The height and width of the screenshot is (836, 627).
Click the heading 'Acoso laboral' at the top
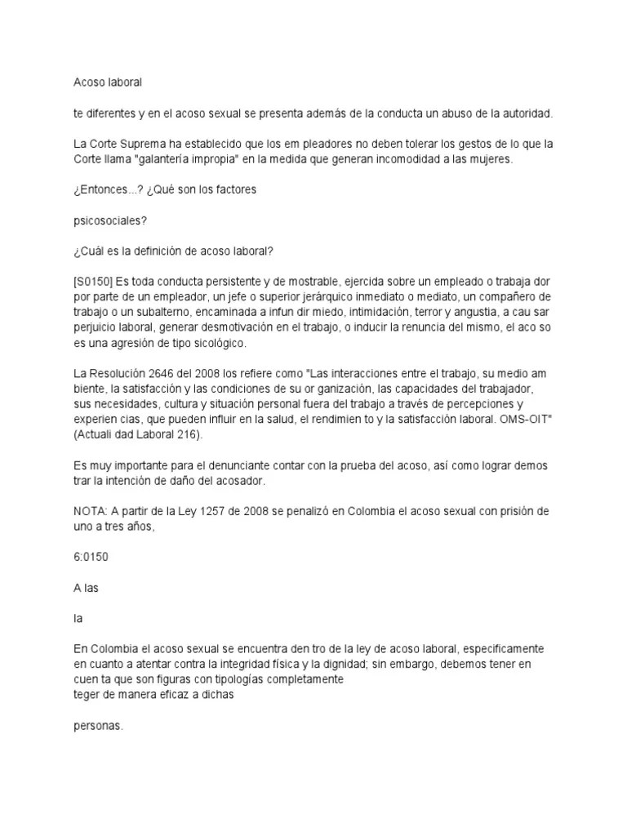tap(108, 82)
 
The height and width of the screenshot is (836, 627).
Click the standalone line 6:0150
tap(90, 557)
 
